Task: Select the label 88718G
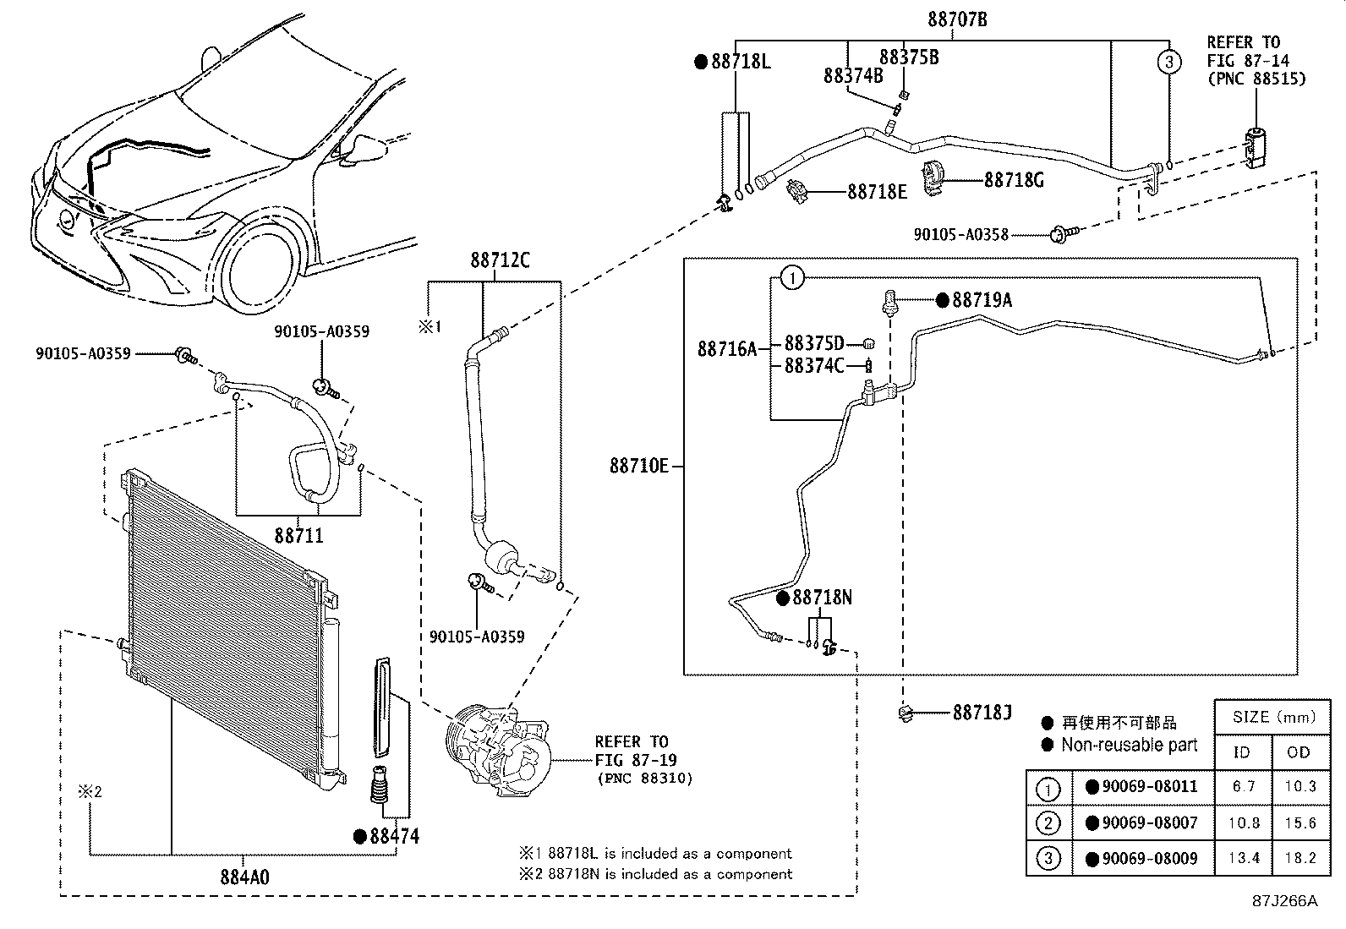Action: [x=1014, y=180]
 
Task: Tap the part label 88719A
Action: [x=982, y=300]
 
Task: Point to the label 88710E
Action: [x=638, y=466]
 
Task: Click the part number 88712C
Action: [x=501, y=260]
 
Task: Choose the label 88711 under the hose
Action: [x=298, y=536]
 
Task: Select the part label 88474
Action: [x=394, y=836]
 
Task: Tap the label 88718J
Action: [x=982, y=713]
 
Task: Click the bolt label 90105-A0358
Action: [x=960, y=234]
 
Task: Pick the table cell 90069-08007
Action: [x=1149, y=822]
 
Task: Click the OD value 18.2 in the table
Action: [x=1299, y=858]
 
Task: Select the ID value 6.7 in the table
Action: [x=1243, y=786]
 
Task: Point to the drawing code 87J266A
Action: [x=1285, y=900]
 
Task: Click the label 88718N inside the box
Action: [x=822, y=598]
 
